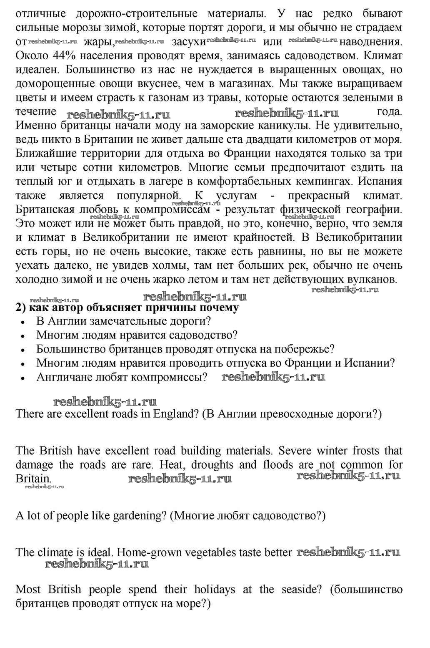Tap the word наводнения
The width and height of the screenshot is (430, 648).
coord(371,42)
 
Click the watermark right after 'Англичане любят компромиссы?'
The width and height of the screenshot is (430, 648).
coord(273,377)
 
